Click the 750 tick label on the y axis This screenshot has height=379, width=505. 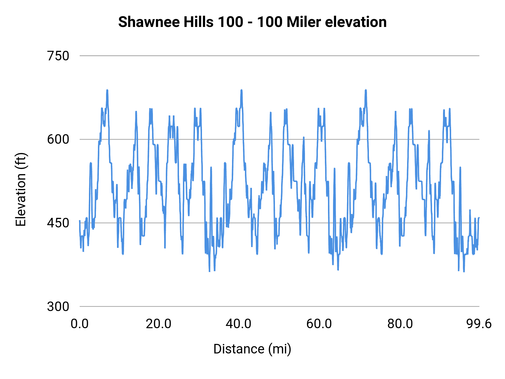tap(58, 56)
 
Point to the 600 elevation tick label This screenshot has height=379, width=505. tap(58, 139)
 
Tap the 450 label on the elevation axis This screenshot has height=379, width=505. tap(58, 223)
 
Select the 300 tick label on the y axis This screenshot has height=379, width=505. tap(58, 306)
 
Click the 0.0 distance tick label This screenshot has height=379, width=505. tap(80, 324)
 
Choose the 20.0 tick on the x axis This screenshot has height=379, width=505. tap(159, 324)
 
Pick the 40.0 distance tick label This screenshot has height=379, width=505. tap(238, 324)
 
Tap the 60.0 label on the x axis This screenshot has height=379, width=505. tap(319, 324)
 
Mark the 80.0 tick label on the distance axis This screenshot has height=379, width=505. tap(400, 324)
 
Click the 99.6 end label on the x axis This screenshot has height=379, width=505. tap(479, 324)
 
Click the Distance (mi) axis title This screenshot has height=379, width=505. tap(252, 349)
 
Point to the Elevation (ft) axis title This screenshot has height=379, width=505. tap(21, 189)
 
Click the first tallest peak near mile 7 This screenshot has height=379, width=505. tap(107, 90)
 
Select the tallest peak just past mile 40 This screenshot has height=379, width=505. tap(241, 90)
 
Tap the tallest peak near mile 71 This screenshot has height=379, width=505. tap(366, 90)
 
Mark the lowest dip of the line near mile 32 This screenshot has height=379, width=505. tap(209, 271)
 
